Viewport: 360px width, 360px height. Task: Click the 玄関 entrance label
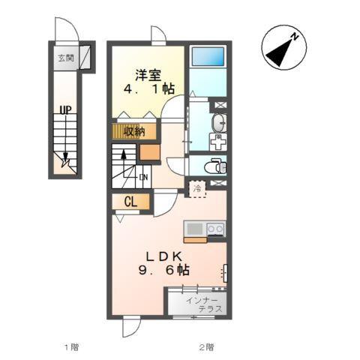[66, 58]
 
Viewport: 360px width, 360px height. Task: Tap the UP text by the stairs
[65, 109]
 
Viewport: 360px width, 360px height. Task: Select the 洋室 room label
[148, 75]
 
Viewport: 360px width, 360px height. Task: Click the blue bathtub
[208, 56]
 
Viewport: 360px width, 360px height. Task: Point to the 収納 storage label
[135, 131]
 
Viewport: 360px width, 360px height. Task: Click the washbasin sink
[219, 122]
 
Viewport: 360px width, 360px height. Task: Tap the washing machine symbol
[218, 142]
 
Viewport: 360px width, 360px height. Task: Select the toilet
[215, 166]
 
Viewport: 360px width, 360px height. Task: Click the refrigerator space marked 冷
[197, 189]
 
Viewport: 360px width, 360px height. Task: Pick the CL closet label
[130, 202]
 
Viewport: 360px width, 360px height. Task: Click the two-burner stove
[216, 229]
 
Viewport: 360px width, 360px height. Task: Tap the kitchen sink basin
[195, 229]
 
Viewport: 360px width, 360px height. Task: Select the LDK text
[163, 256]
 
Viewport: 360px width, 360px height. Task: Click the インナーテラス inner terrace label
[205, 305]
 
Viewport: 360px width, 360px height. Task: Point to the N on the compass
[295, 37]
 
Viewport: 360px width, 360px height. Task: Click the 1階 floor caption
[72, 347]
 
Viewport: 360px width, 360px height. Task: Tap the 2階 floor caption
[206, 347]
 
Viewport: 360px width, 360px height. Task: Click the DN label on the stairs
[143, 177]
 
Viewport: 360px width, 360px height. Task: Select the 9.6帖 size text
[163, 270]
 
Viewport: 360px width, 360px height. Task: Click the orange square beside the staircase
[150, 152]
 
